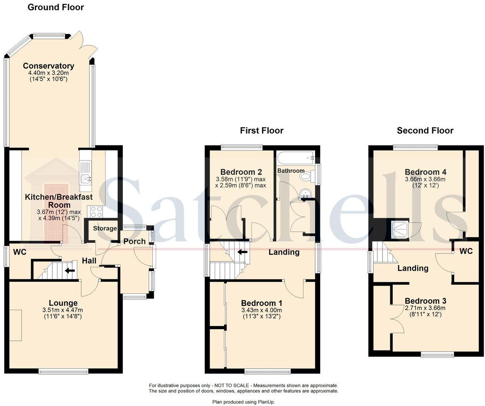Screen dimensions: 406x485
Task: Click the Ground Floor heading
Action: click(56, 7)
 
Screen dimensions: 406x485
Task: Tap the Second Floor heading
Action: click(425, 130)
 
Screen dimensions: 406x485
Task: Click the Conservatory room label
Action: click(49, 66)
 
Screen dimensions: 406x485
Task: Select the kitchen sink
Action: click(86, 179)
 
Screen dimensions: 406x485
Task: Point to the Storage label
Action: click(105, 228)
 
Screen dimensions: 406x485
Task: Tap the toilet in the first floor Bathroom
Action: click(306, 177)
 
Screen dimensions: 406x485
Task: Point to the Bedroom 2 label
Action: click(241, 172)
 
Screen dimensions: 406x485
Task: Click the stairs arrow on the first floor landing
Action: click(242, 251)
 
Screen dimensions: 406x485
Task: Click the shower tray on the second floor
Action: click(400, 229)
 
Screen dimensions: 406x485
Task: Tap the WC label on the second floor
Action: click(466, 251)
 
